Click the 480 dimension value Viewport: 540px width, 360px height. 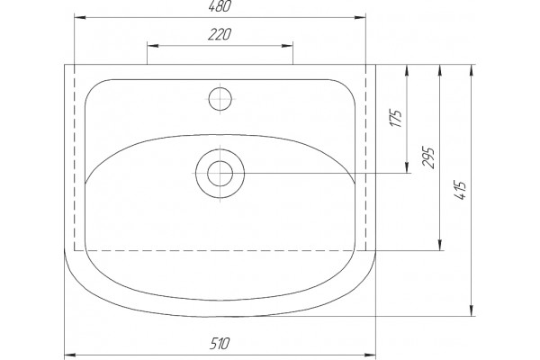(x=220, y=6)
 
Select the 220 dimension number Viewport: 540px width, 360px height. (x=220, y=34)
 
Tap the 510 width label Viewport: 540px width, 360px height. (x=220, y=344)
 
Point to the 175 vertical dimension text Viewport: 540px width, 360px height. (x=396, y=119)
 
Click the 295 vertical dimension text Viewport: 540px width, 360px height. (x=428, y=157)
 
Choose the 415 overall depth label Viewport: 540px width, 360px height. (x=460, y=190)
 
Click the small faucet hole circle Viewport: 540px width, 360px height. (x=220, y=99)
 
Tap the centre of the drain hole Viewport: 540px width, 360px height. (x=220, y=174)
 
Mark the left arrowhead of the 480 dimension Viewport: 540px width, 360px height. (x=80, y=17)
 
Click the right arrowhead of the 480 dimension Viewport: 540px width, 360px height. (x=360, y=17)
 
